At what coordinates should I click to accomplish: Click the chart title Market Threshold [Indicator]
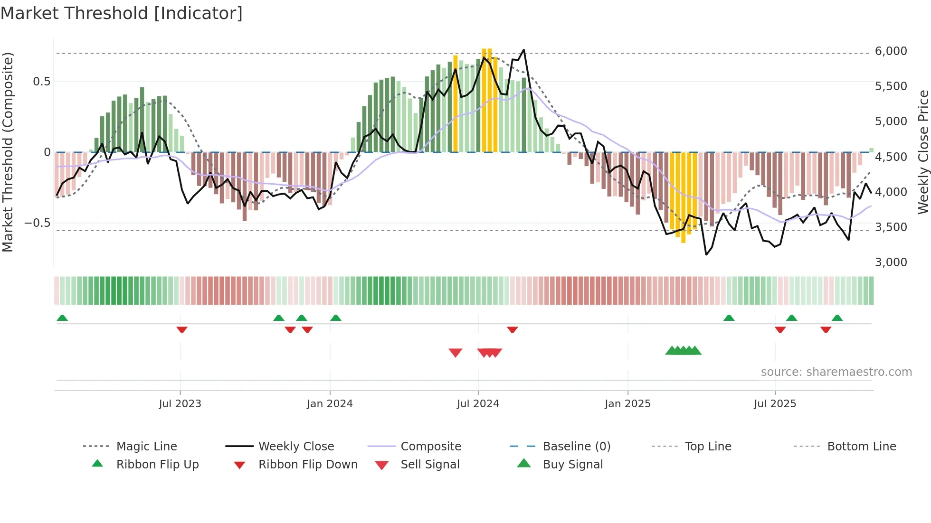[x=122, y=13]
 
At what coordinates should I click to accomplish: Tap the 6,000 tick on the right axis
[x=891, y=51]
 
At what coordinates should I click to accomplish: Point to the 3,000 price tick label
[x=891, y=262]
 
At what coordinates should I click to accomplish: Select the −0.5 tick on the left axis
[x=37, y=223]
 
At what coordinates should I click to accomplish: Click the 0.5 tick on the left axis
[x=41, y=82]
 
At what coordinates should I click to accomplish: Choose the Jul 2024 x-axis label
[x=478, y=403]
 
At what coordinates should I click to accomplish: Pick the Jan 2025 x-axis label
[x=627, y=403]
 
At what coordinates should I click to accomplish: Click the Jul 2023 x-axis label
[x=180, y=403]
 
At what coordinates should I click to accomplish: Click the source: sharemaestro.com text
[x=836, y=372]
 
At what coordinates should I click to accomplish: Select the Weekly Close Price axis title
[x=923, y=152]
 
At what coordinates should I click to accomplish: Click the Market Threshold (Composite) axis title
[x=8, y=152]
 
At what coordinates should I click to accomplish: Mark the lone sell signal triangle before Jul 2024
[x=456, y=353]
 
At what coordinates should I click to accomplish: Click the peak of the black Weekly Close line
[x=523, y=50]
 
